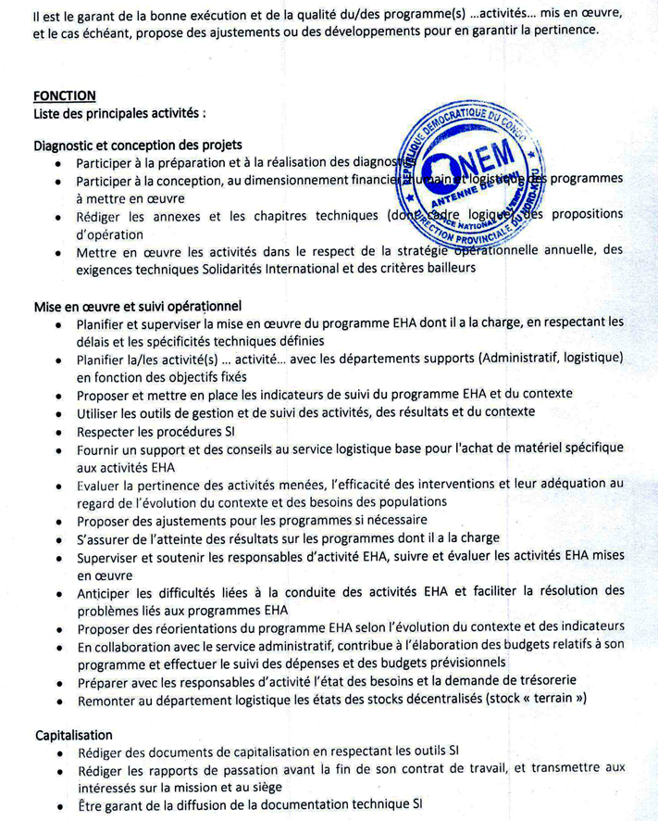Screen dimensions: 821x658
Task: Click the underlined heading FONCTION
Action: (x=65, y=95)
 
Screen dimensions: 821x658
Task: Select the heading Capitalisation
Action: (x=74, y=735)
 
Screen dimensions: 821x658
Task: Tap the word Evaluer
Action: (x=102, y=485)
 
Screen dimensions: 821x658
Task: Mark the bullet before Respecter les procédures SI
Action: (x=58, y=431)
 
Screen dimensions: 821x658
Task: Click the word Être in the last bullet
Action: (x=90, y=804)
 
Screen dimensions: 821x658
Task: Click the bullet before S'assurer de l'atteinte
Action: (x=58, y=538)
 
